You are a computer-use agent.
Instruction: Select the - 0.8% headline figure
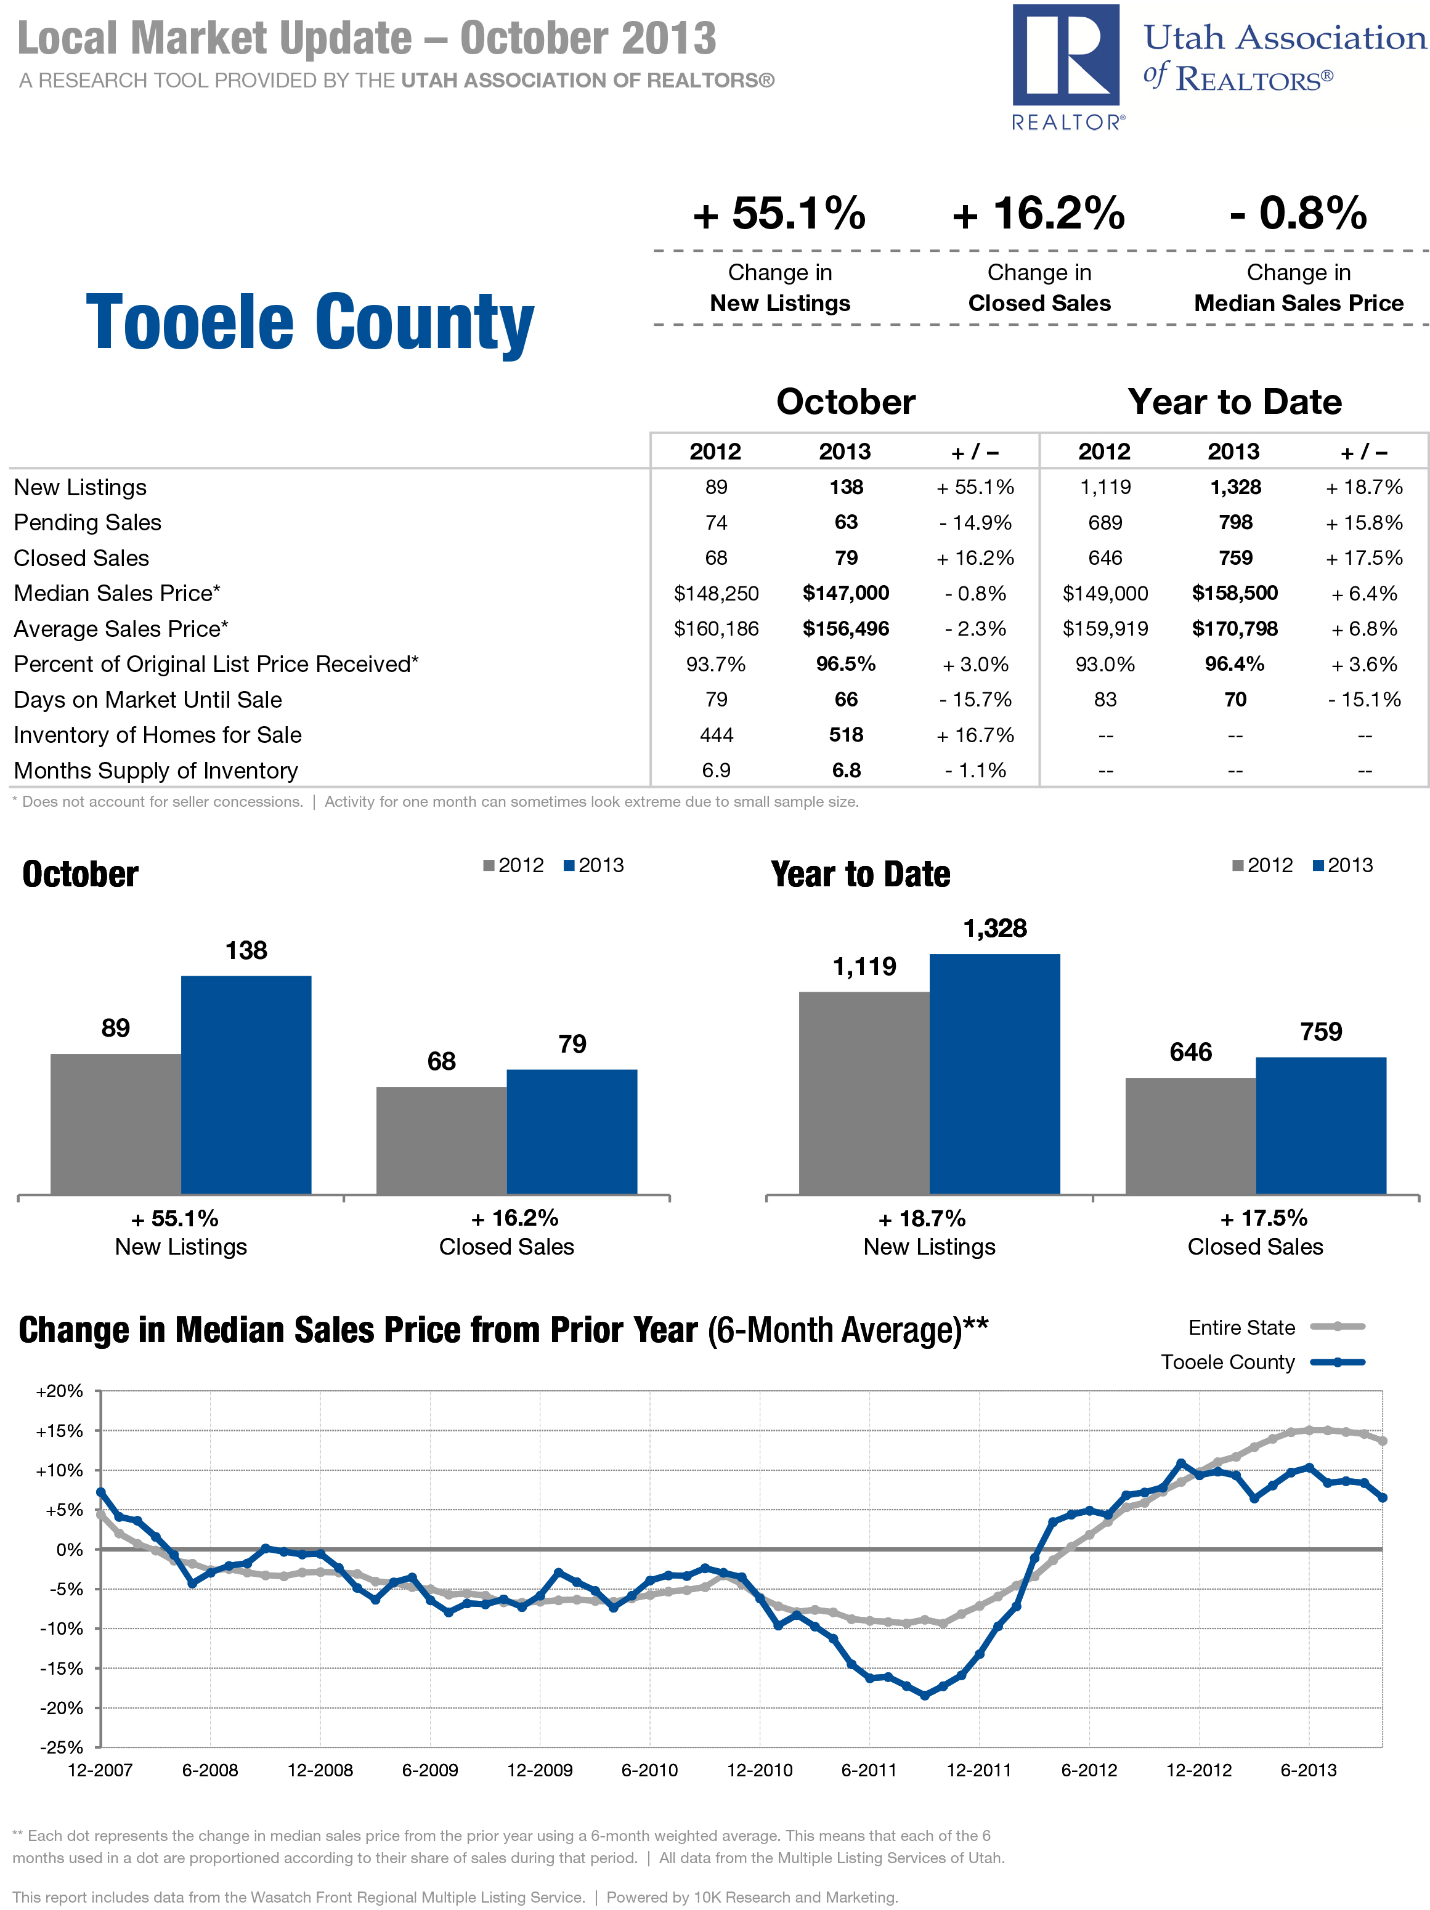click(1298, 213)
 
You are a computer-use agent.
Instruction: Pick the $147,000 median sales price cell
click(845, 593)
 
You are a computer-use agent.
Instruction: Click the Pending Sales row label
click(87, 522)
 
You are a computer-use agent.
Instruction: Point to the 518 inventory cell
click(845, 735)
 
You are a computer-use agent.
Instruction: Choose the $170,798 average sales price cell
click(1234, 629)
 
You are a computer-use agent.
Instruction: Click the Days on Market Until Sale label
click(148, 700)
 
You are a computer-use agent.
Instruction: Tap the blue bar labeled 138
click(246, 1085)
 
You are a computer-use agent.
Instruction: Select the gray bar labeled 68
click(441, 1140)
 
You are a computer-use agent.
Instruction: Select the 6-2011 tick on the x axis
click(869, 1770)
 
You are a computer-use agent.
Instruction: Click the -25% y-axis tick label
click(60, 1747)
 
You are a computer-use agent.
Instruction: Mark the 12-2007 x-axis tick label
click(100, 1770)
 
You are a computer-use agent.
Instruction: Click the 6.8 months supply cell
click(845, 770)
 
